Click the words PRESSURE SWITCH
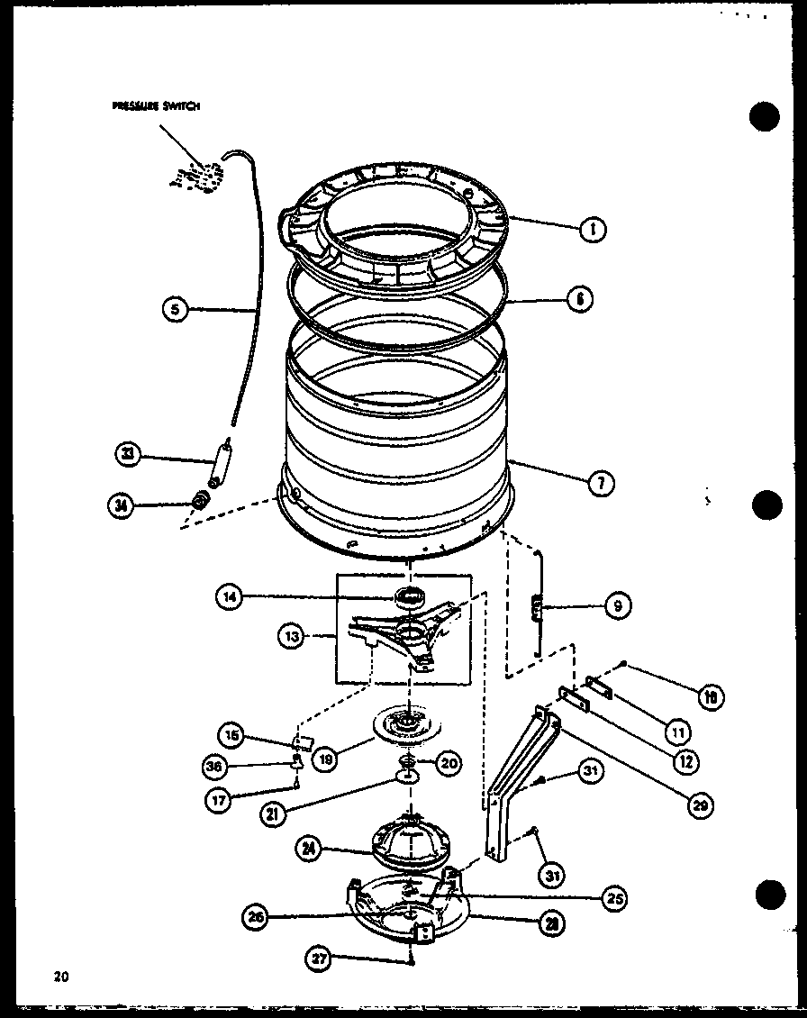click(156, 105)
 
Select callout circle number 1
click(593, 230)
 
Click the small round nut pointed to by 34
click(203, 498)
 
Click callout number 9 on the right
click(617, 606)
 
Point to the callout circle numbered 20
click(449, 763)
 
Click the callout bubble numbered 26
click(255, 918)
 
